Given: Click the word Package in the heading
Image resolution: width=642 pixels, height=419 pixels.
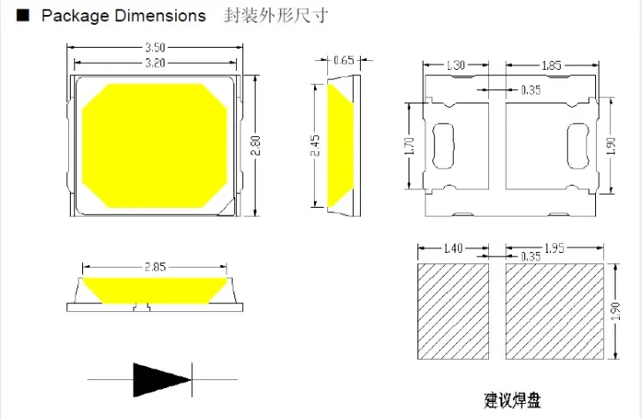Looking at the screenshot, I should click(x=73, y=16).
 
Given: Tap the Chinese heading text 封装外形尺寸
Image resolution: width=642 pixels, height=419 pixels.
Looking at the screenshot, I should click(x=264, y=16).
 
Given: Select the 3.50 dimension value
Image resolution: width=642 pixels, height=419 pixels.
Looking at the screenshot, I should click(x=156, y=48).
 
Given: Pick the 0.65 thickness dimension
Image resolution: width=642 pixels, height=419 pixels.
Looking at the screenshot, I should click(x=344, y=60).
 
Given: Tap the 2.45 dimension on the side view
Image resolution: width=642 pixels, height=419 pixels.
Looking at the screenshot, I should click(x=314, y=146).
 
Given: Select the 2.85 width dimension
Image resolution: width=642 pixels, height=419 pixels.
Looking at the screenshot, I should click(x=157, y=266).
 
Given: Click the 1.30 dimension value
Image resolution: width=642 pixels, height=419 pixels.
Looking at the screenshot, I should click(x=455, y=65).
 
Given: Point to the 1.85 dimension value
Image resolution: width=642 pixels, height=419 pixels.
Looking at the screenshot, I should click(x=550, y=65).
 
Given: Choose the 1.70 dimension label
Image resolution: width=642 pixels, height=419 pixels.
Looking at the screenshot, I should click(x=409, y=145).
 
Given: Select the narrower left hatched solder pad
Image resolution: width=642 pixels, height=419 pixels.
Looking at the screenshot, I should click(x=453, y=311).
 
